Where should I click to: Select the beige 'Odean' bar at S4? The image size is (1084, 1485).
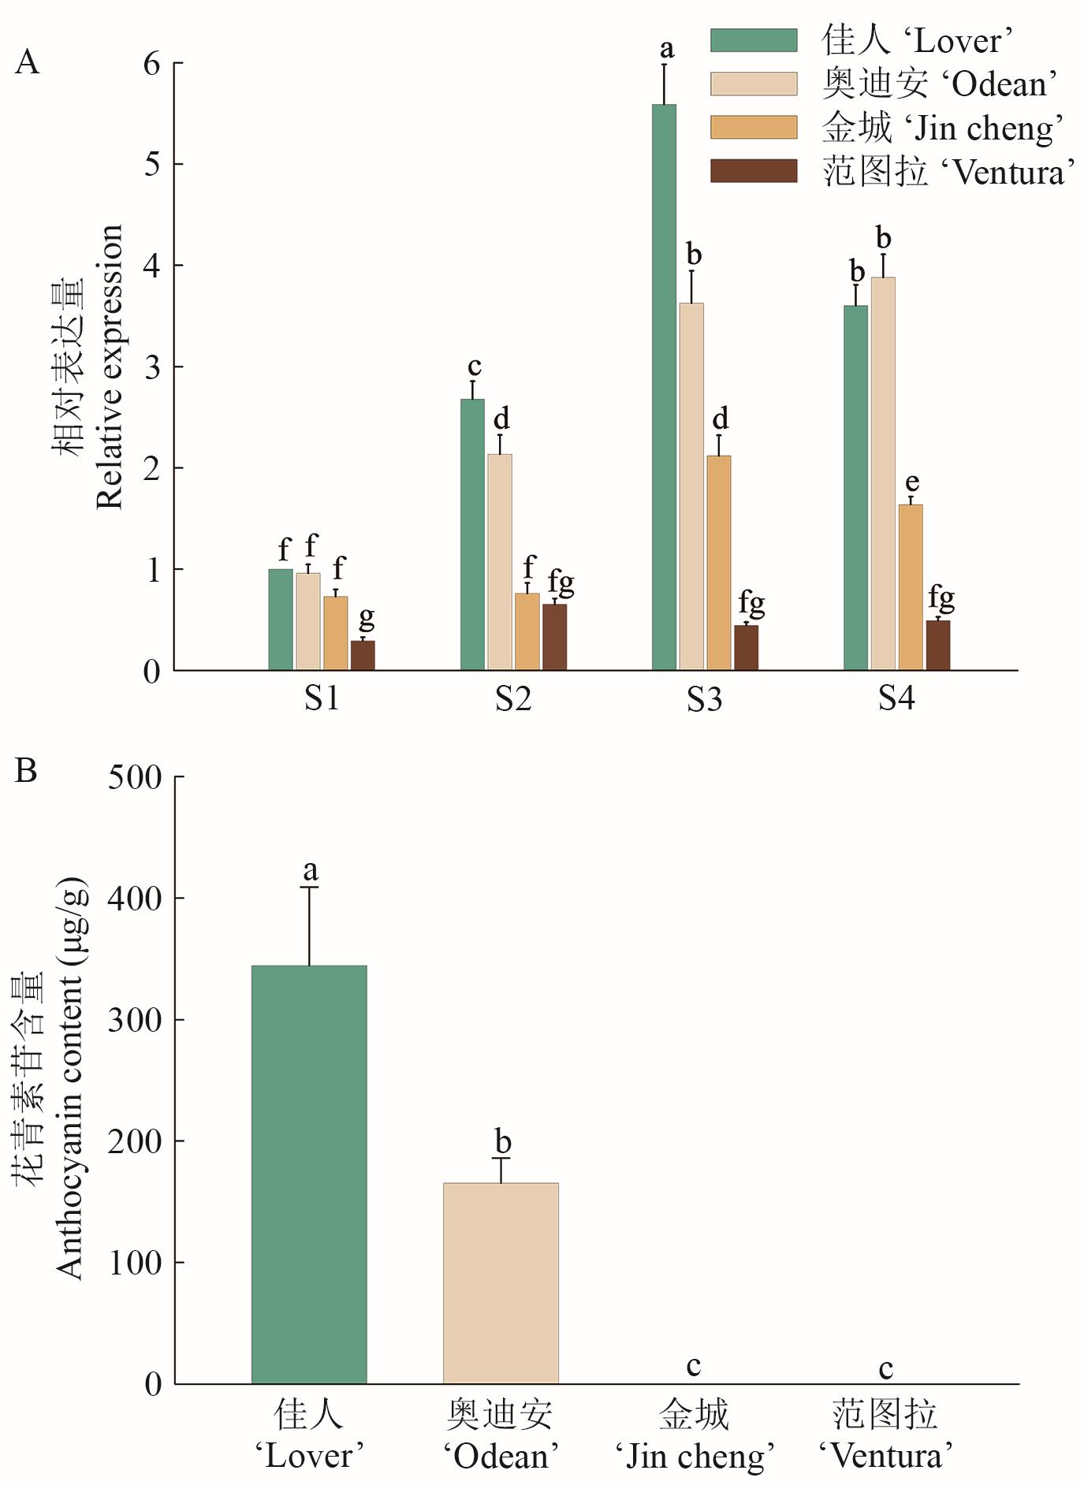883,473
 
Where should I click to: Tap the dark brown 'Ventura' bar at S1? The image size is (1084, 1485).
363,655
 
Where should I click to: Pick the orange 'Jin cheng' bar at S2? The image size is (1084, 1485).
527,631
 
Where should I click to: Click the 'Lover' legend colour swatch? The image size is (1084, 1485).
754,40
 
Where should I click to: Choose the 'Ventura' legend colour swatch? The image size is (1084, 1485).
754,171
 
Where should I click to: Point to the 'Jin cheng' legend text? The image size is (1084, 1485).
943,128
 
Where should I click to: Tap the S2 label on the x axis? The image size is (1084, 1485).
513,698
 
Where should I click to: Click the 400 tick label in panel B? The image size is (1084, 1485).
134,898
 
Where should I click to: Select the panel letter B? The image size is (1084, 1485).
26,770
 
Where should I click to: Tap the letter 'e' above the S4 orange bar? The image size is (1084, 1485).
912,482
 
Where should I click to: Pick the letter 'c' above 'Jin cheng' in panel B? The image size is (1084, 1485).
693,1366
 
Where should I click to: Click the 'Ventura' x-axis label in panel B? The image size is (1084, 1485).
885,1435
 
